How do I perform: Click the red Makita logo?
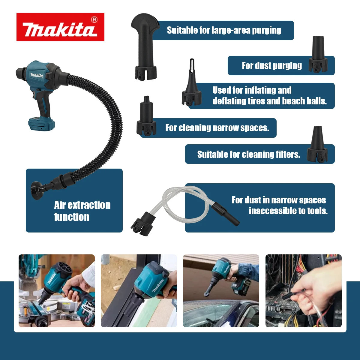point(60,27)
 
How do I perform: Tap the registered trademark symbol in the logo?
point(94,20)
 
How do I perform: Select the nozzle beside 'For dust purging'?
point(318,55)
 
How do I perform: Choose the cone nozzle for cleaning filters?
point(317,145)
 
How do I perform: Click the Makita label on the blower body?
point(36,75)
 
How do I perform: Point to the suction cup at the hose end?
point(37,190)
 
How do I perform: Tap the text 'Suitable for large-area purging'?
point(224,30)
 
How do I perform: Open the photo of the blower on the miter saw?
point(57,291)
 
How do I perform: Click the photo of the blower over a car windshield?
point(221,291)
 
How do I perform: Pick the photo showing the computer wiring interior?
point(303,291)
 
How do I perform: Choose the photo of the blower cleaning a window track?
point(139,291)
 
